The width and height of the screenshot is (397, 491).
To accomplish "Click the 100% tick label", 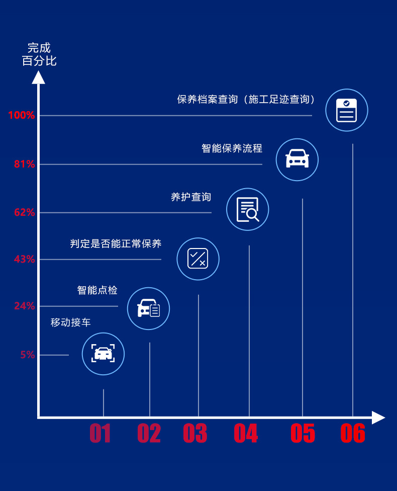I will point(21,115).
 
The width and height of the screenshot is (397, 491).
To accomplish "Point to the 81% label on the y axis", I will point(24,164).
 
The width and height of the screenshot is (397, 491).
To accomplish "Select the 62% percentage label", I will point(24,212).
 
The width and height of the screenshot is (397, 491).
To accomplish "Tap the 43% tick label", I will point(24,259).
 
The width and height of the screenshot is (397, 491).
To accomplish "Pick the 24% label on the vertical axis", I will point(24,306).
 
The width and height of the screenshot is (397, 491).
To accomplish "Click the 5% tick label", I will point(28,355).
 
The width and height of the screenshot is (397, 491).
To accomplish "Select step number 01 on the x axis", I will point(101,433).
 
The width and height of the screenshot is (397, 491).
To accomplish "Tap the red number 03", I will point(195,433).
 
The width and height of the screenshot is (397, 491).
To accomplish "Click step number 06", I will point(353,433).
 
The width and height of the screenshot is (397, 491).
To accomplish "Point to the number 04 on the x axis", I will point(246,433).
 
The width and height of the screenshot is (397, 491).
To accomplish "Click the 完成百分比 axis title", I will point(39,55).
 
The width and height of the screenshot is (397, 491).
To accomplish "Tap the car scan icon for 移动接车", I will point(103,354).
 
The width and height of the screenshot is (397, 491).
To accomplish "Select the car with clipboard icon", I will point(148,308).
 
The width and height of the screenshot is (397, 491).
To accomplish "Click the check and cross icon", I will point(198,259).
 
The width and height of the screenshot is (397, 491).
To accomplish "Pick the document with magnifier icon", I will point(248,209).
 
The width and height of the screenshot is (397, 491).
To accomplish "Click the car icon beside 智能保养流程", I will point(297,159).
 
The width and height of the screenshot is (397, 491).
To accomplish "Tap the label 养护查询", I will point(191,197).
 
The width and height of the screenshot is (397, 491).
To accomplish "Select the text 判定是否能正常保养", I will point(116,244).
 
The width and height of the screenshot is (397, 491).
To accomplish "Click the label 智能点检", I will point(97,290).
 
